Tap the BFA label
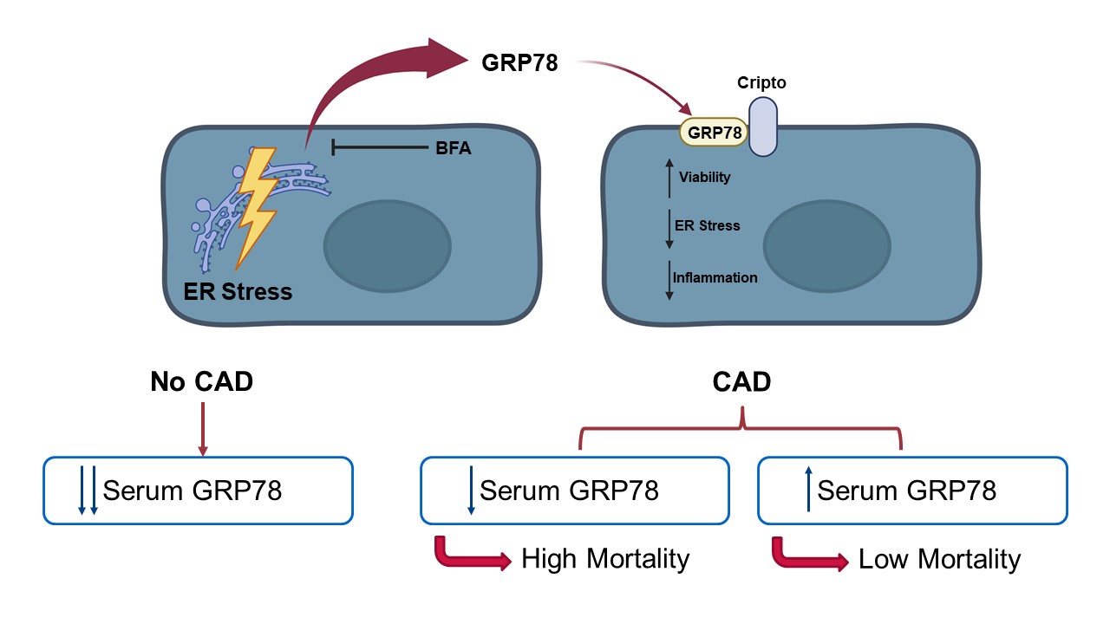pyautogui.click(x=453, y=148)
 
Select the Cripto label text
pyautogui.click(x=761, y=82)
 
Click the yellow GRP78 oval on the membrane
pyautogui.click(x=714, y=133)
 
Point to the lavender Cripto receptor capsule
pyautogui.click(x=762, y=127)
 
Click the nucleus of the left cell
pyautogui.click(x=388, y=246)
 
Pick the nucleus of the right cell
pyautogui.click(x=827, y=246)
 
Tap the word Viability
pyautogui.click(x=704, y=178)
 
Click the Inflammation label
pyautogui.click(x=715, y=277)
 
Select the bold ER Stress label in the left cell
pyautogui.click(x=238, y=291)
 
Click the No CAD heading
pyautogui.click(x=202, y=381)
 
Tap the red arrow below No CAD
pyautogui.click(x=203, y=429)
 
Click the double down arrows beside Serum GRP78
pyautogui.click(x=88, y=490)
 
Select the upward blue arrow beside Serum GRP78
pyautogui.click(x=809, y=489)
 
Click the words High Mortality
pyautogui.click(x=605, y=559)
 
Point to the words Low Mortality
pyautogui.click(x=939, y=559)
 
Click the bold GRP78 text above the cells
pyautogui.click(x=519, y=63)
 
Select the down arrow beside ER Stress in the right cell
pyautogui.click(x=669, y=229)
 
